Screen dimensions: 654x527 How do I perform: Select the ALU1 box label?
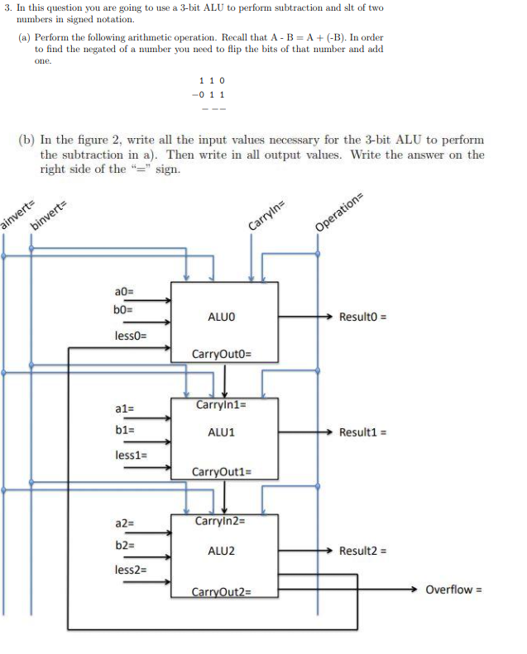222,432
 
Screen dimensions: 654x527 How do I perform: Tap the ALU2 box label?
222,551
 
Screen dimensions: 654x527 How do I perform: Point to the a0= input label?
125,291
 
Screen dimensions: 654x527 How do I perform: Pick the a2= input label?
125,523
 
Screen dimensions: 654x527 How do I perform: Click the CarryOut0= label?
222,355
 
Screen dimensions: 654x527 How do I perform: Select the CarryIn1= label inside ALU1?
221,405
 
